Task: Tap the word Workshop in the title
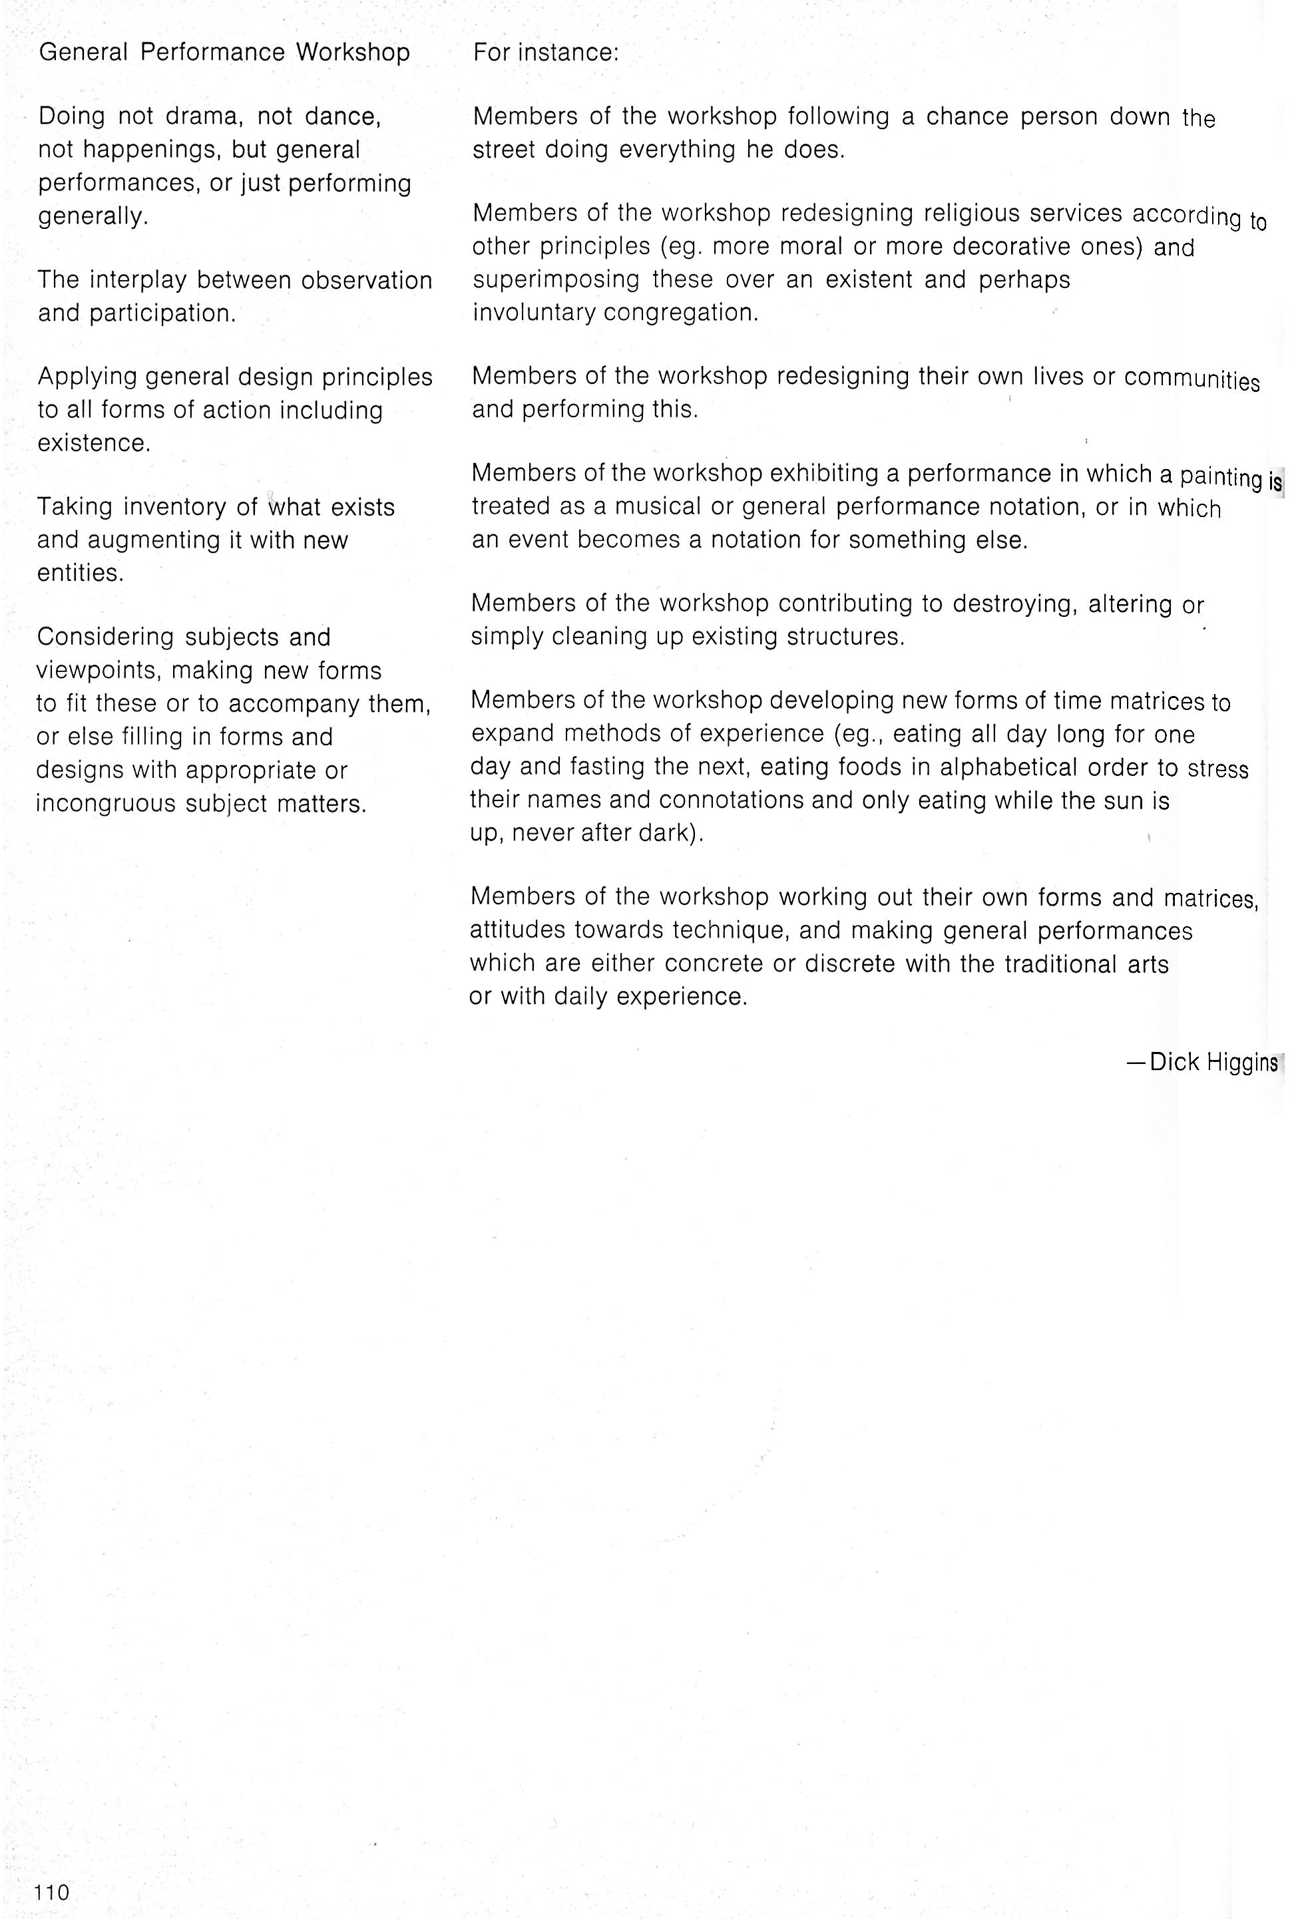(x=353, y=53)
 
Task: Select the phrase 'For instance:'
(x=546, y=53)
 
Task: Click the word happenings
(x=148, y=150)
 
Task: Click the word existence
(x=94, y=443)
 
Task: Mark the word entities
(x=80, y=573)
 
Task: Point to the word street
(x=504, y=150)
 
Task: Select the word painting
(x=1221, y=476)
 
